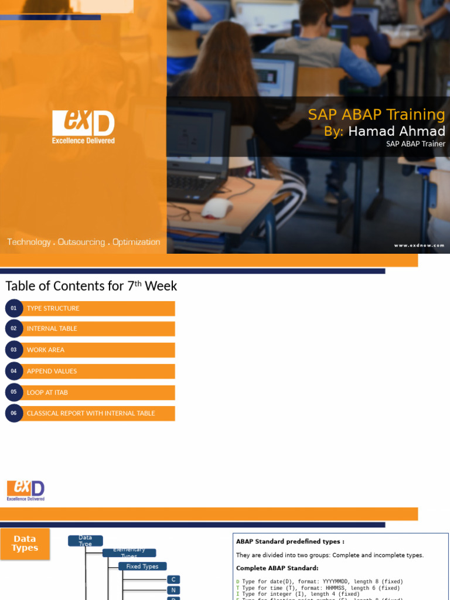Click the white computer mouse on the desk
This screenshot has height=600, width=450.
(x=217, y=208)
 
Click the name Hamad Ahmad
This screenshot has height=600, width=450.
(x=397, y=131)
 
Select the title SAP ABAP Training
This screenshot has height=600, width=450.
(x=376, y=114)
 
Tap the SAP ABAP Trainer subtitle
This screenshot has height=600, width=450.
(x=415, y=144)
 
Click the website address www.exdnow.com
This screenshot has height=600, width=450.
(x=419, y=246)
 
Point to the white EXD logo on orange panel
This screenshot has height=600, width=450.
(x=83, y=127)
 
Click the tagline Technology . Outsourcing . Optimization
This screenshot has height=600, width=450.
(x=83, y=242)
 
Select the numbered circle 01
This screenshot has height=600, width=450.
(x=13, y=308)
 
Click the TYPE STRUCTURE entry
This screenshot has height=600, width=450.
(x=53, y=308)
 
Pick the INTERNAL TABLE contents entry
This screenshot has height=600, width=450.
(x=52, y=329)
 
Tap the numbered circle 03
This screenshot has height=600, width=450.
(x=13, y=350)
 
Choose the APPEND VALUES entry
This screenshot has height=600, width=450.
(x=52, y=371)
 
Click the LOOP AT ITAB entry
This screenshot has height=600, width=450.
(x=47, y=392)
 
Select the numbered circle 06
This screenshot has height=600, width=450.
(x=13, y=413)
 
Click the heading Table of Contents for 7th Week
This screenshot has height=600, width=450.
(x=91, y=286)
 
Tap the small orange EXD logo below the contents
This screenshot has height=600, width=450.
(x=26, y=490)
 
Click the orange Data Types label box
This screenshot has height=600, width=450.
(x=25, y=543)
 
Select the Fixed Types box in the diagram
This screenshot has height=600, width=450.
(x=142, y=567)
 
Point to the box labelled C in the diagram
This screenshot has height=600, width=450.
(x=173, y=579)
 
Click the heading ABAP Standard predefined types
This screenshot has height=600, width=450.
(x=290, y=542)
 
